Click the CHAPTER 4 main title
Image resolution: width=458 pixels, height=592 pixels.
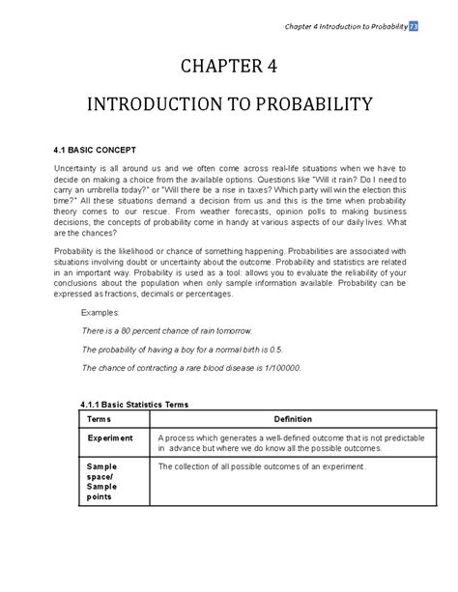[228, 67]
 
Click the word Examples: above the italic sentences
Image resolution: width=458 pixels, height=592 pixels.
[100, 314]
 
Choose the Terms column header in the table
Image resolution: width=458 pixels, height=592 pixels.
[100, 420]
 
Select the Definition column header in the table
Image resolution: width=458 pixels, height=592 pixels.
[292, 420]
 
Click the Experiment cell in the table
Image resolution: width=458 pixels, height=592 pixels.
[110, 437]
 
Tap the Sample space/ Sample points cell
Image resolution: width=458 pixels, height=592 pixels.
[101, 481]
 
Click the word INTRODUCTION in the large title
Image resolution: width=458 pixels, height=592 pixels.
[167, 103]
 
